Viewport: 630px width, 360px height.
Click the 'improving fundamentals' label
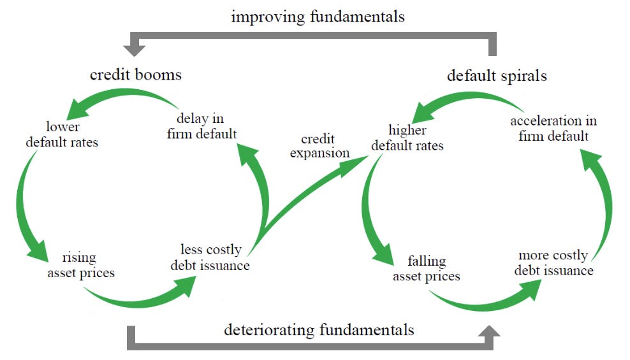tap(318, 17)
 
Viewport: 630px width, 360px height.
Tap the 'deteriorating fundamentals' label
tap(319, 330)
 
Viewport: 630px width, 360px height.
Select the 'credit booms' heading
tap(136, 75)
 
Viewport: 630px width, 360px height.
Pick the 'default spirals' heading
tap(497, 76)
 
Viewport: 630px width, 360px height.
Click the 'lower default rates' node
tap(62, 134)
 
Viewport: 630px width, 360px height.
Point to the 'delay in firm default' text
tap(201, 126)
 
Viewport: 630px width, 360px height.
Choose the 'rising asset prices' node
tap(81, 265)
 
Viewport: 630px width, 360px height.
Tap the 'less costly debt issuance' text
tap(210, 257)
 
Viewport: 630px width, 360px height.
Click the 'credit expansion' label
tap(320, 146)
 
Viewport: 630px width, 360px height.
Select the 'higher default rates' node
tap(407, 138)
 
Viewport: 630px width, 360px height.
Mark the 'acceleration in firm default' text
tap(553, 129)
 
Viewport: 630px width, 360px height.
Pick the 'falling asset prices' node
tap(427, 268)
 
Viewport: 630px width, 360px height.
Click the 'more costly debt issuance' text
tap(553, 263)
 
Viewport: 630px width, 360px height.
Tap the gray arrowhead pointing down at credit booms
tap(134, 50)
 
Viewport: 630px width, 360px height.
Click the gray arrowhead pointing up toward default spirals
tap(489, 331)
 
